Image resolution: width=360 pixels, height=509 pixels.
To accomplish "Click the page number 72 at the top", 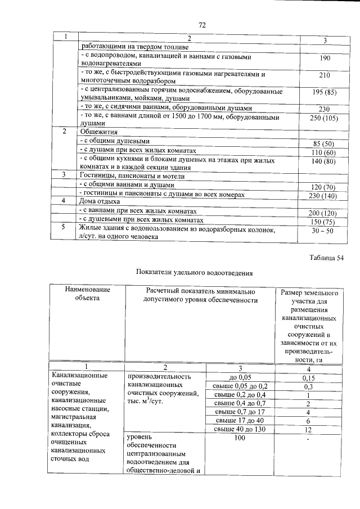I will coord(202,25).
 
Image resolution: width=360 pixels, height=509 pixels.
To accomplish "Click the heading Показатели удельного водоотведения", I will coord(195,273).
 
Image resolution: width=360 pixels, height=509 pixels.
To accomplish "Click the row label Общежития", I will coord(97,131).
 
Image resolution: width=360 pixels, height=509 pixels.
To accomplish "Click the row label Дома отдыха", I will coord(99,201).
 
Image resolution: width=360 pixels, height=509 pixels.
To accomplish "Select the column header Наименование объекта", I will coord(87,294).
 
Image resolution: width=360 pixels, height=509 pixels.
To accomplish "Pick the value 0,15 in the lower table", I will coord(308,377).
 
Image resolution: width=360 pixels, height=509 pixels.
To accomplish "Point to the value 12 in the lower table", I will coord(308,429).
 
